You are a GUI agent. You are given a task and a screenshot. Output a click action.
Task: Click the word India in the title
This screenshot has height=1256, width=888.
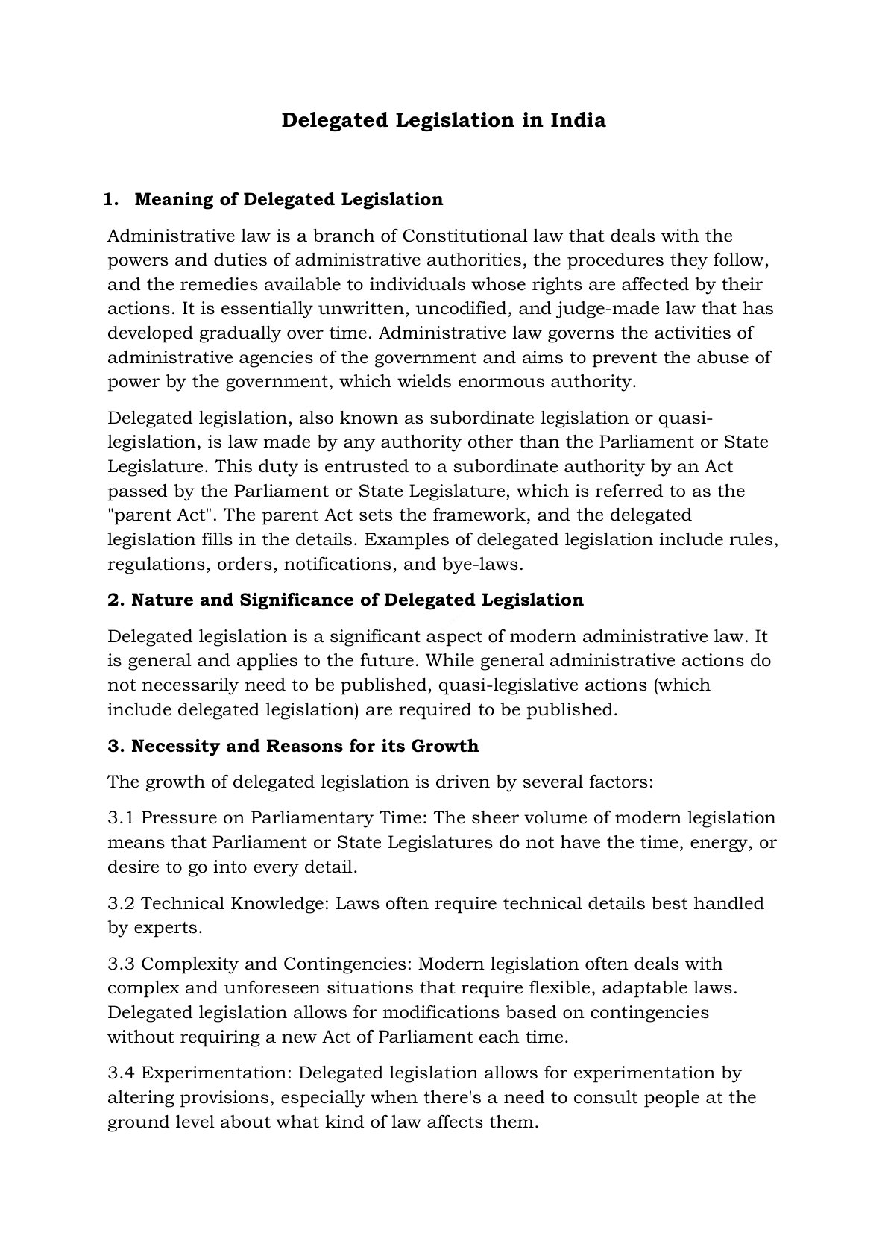click(578, 120)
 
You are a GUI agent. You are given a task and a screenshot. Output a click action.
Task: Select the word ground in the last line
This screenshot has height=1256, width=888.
click(137, 1122)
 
